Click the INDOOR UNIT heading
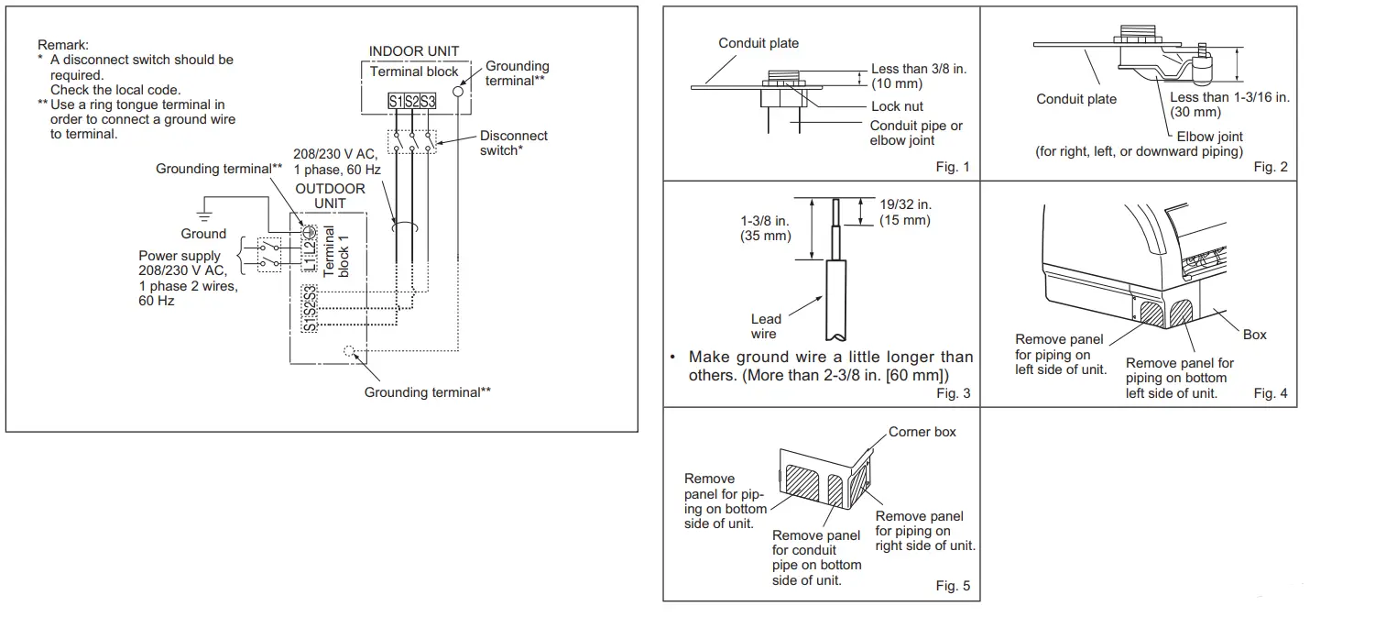click(413, 51)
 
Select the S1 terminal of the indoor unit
click(395, 102)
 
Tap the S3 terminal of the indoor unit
click(428, 102)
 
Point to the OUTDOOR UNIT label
click(330, 195)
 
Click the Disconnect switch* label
click(513, 142)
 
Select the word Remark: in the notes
click(63, 44)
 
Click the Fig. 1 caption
click(952, 167)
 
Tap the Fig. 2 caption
click(1270, 167)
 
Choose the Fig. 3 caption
click(952, 393)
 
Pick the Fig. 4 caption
click(1270, 393)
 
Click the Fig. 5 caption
click(952, 586)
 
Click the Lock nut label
click(897, 106)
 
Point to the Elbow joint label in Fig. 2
click(1209, 137)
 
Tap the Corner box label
click(922, 432)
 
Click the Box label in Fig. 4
click(1254, 335)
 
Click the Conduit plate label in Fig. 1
click(758, 43)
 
